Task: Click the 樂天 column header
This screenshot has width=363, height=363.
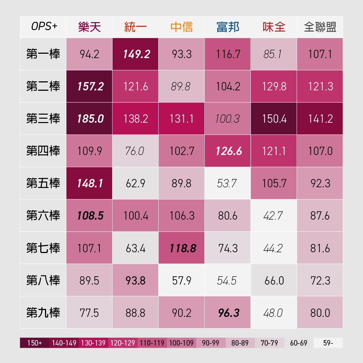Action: click(89, 27)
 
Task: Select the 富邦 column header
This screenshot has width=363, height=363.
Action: click(228, 27)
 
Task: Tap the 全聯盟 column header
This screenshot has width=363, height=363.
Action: click(320, 27)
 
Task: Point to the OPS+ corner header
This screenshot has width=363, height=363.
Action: click(44, 27)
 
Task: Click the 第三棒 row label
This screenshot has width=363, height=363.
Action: click(43, 119)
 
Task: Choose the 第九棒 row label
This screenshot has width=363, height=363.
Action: click(43, 313)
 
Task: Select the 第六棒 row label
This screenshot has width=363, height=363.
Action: click(43, 216)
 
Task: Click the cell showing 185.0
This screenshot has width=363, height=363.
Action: click(89, 119)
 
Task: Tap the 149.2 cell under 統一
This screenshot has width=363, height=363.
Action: click(136, 54)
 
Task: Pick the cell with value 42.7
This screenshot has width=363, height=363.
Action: click(274, 216)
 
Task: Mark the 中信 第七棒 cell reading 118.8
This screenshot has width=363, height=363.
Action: click(182, 248)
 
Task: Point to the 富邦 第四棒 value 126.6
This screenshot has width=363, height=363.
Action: click(228, 151)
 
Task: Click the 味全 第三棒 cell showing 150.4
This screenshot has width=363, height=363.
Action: click(274, 119)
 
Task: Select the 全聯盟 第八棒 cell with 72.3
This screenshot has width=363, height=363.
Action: click(320, 281)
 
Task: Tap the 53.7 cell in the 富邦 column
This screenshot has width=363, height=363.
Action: click(228, 183)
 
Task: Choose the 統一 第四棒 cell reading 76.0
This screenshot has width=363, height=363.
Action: click(136, 151)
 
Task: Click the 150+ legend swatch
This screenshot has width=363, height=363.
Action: click(34, 343)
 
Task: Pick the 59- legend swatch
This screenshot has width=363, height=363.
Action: click(328, 343)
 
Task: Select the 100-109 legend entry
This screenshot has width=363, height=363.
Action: click(181, 343)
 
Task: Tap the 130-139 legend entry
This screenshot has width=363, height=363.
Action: click(93, 343)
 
